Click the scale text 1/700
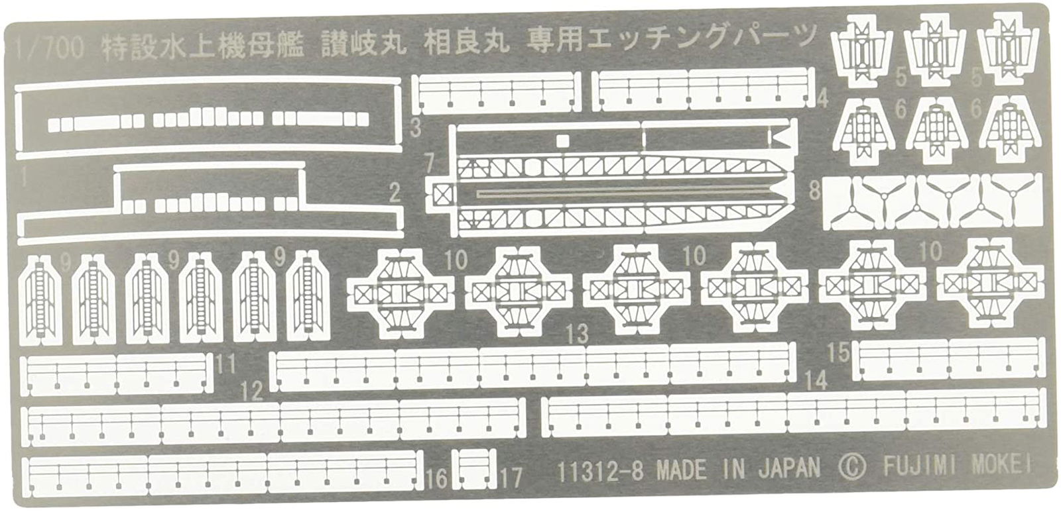[x=48, y=49]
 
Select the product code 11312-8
[x=603, y=471]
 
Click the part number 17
[x=512, y=476]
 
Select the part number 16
[x=437, y=476]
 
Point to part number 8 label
[x=815, y=191]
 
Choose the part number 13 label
[x=577, y=333]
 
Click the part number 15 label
[x=838, y=352]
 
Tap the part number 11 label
[x=226, y=364]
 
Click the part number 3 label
[x=416, y=127]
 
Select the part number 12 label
[x=252, y=391]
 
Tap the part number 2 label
[x=395, y=193]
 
